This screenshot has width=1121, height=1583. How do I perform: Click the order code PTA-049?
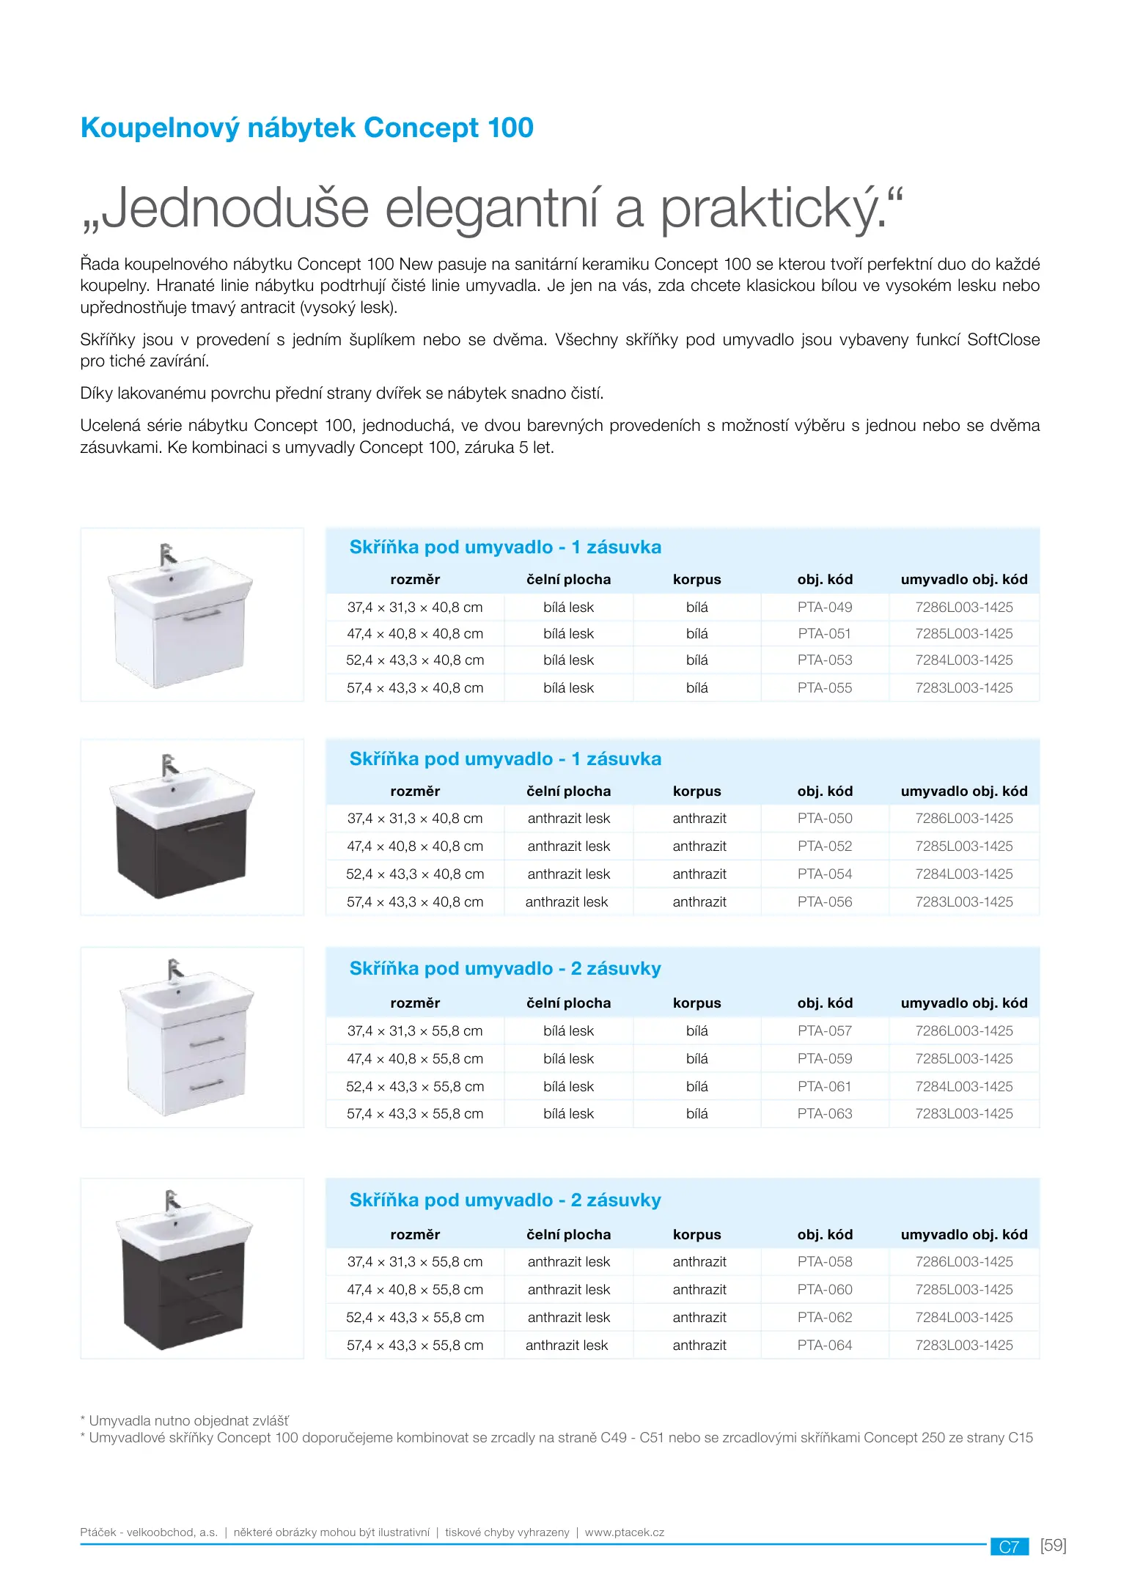tap(825, 607)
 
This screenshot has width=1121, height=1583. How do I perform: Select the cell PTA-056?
tap(825, 901)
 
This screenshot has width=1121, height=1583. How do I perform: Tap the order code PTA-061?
tap(825, 1086)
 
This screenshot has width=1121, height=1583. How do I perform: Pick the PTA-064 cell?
tap(825, 1345)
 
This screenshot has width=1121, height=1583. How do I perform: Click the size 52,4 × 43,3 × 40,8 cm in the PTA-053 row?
tap(415, 660)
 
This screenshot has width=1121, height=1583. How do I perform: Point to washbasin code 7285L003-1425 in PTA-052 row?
tap(963, 846)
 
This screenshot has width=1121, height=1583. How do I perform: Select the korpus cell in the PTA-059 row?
tap(697, 1058)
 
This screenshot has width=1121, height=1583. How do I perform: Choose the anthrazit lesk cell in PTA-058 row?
tap(568, 1261)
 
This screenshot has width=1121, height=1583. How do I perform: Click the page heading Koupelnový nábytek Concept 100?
tap(306, 128)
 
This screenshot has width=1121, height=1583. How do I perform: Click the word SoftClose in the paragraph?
tap(1002, 339)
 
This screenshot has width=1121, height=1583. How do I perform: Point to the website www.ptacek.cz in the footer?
tap(624, 1532)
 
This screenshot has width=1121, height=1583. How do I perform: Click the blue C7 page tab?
tap(1009, 1546)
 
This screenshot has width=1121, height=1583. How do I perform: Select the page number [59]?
tap(1053, 1545)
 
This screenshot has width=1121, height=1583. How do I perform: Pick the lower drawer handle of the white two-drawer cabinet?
tap(207, 1084)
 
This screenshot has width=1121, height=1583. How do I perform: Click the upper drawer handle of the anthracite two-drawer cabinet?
tap(206, 1276)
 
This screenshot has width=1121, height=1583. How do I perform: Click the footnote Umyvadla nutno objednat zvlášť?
tap(188, 1420)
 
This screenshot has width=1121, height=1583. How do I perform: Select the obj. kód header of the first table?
tap(825, 579)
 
